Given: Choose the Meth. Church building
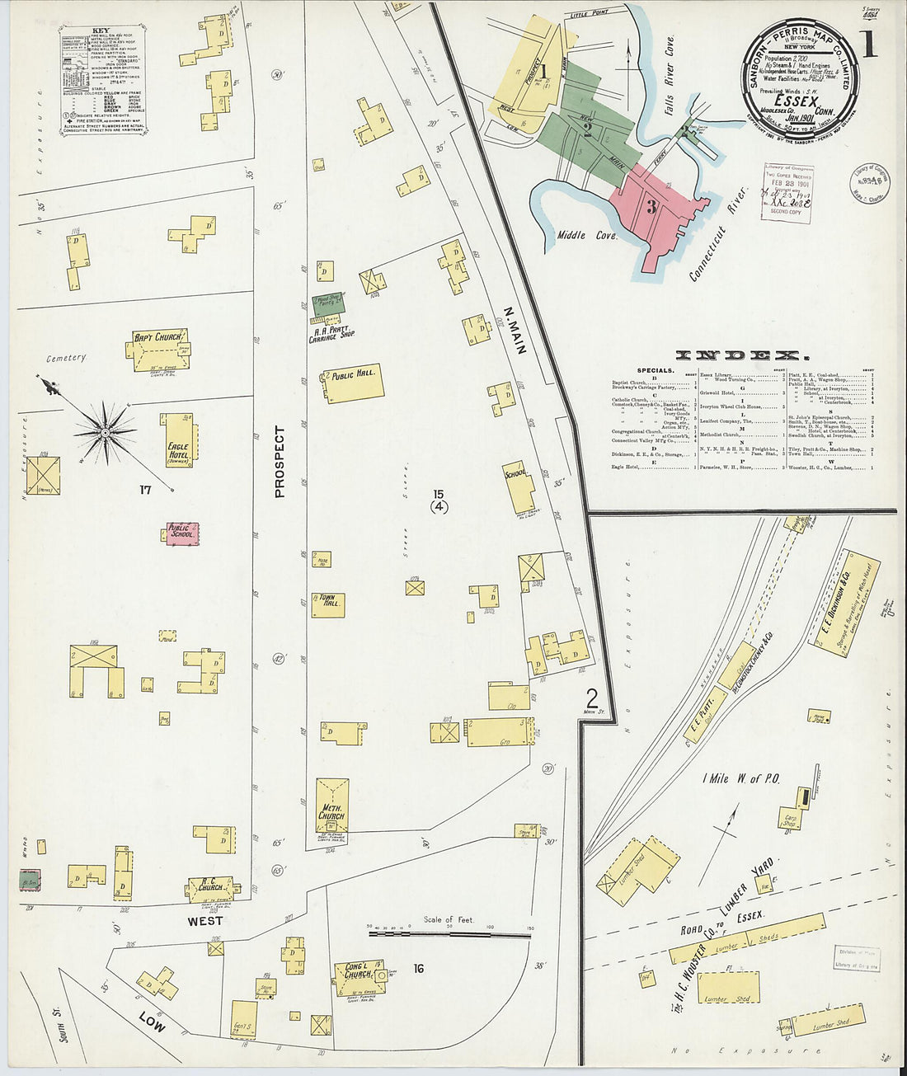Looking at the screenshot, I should point(331,804).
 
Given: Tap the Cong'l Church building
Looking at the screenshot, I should point(360,975).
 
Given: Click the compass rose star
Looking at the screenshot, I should point(105,430).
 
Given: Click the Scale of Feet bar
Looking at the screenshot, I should point(449,935).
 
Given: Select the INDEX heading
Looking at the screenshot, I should point(740,355).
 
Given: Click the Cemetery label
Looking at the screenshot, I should point(66,358).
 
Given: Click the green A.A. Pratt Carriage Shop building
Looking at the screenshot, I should point(327,304).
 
